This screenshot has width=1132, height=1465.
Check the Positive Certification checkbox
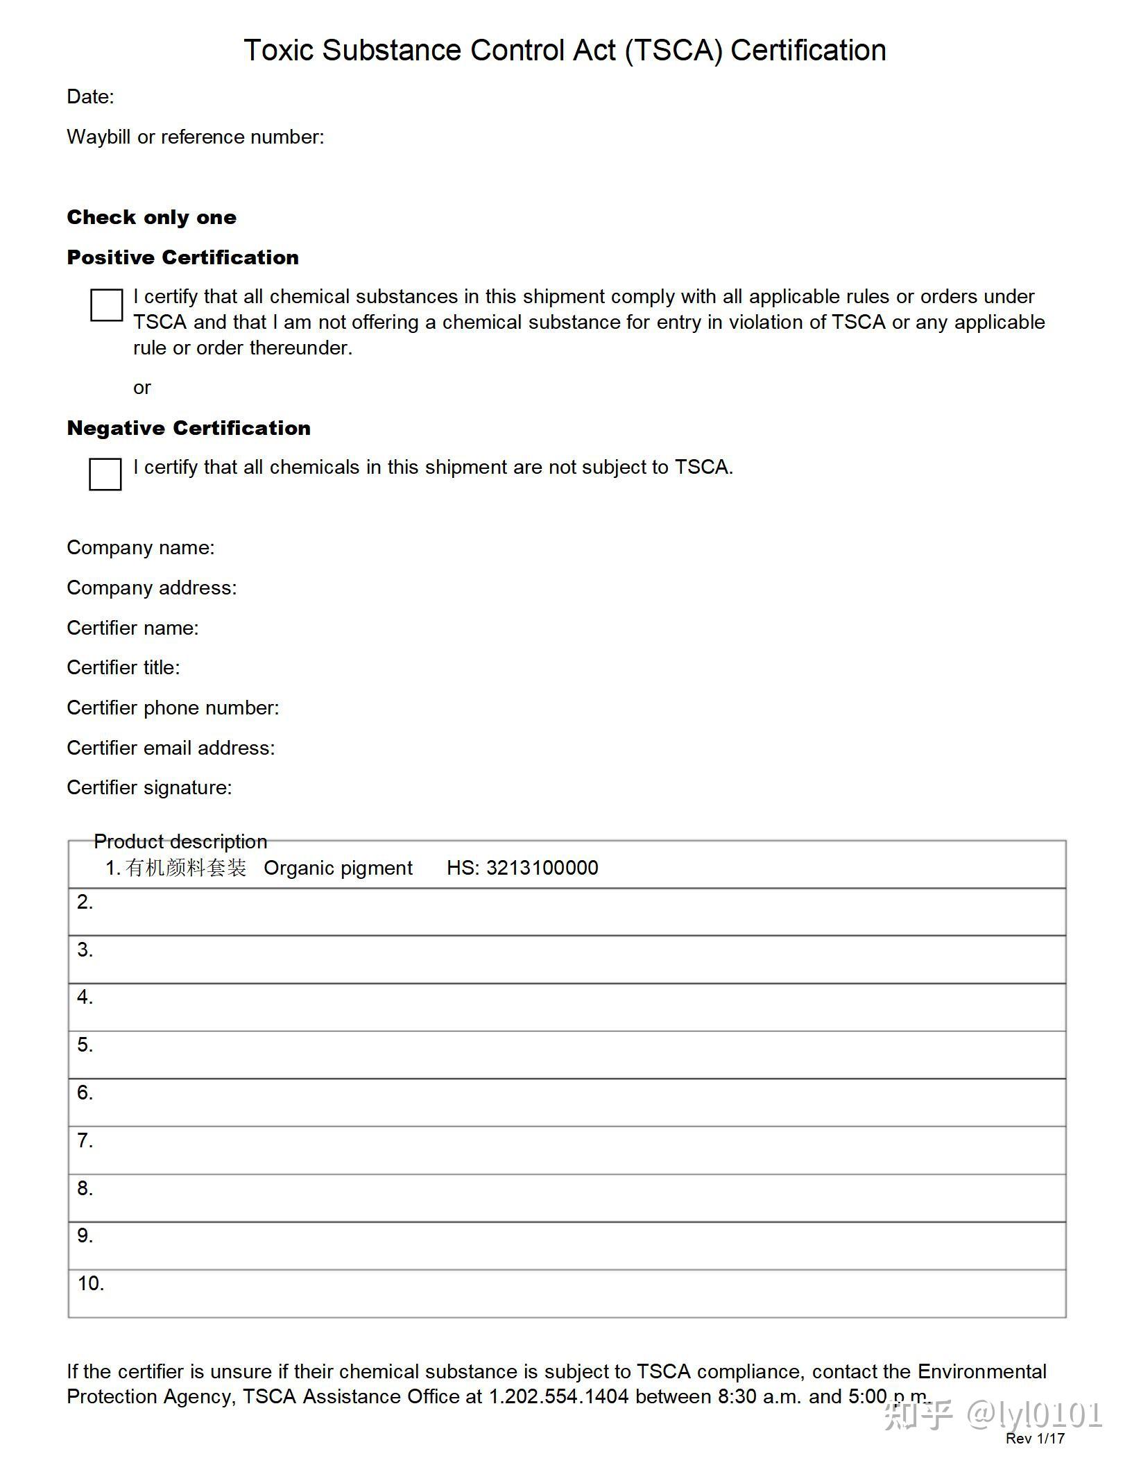click(106, 305)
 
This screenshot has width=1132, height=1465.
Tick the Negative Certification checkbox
click(105, 474)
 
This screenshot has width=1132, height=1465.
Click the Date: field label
click(90, 96)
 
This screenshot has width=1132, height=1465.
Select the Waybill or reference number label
click(195, 137)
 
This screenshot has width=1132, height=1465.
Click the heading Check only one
click(151, 217)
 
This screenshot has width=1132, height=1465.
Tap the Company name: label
click(140, 547)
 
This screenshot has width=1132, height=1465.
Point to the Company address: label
click(151, 588)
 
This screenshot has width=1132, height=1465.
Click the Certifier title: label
click(123, 667)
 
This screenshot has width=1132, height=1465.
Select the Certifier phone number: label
click(173, 708)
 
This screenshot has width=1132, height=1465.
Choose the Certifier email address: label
click(171, 748)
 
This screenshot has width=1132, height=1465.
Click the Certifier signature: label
click(149, 787)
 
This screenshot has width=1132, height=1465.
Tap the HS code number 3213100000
click(542, 868)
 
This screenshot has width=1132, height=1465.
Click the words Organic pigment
click(338, 868)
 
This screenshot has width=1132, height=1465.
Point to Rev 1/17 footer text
click(1035, 1439)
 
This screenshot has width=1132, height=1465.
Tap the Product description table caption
click(180, 841)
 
